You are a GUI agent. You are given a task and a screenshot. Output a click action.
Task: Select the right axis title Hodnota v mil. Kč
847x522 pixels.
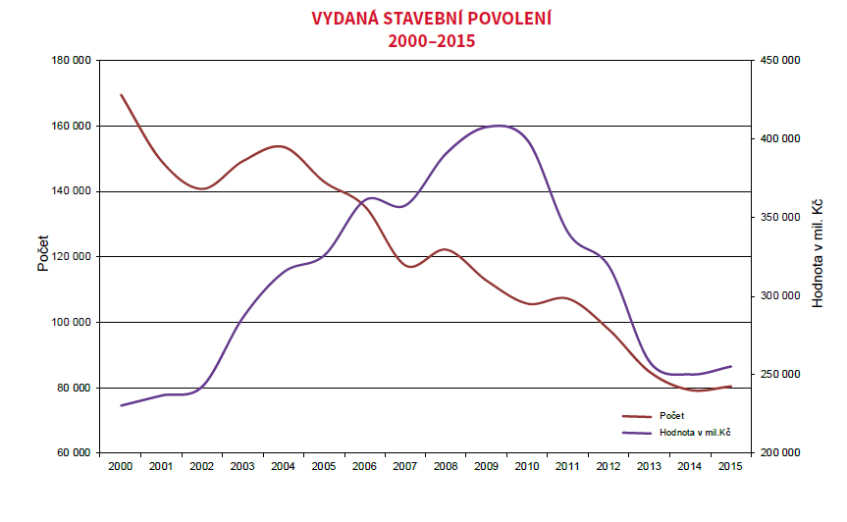pos(817,253)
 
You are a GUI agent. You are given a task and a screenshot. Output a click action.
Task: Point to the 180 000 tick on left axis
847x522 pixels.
pos(72,61)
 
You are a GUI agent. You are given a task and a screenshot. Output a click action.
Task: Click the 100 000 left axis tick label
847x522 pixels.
pos(72,323)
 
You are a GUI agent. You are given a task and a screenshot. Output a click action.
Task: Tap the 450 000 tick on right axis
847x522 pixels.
pos(776,61)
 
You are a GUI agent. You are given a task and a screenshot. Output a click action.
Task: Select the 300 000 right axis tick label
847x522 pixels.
pos(776,296)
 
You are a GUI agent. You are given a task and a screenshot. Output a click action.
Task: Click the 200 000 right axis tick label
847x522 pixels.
pos(776,453)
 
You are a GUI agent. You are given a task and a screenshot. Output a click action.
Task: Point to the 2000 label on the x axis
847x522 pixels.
pos(121,466)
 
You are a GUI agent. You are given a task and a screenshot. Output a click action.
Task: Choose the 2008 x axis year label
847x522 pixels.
pos(445,466)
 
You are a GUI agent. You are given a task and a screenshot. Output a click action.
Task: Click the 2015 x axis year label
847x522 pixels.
pos(728,466)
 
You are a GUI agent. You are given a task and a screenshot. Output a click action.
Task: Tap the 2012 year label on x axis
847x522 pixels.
pos(607,466)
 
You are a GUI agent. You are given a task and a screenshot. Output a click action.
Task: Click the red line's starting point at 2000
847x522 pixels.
pos(121,95)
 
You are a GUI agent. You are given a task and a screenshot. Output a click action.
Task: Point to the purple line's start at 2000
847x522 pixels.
pos(121,405)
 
